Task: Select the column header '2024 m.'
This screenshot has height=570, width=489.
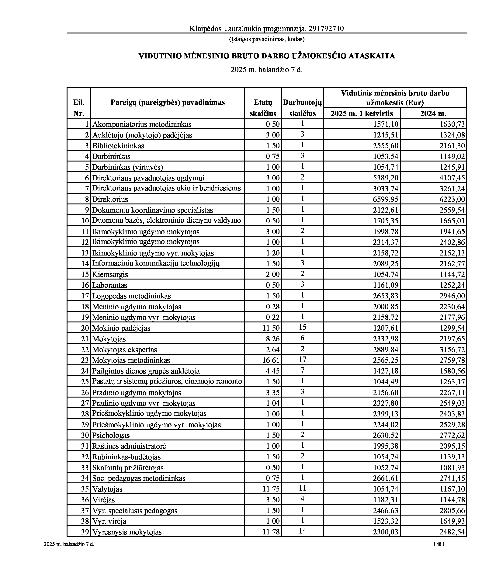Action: click(433, 113)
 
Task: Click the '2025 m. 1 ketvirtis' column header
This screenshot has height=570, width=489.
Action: click(362, 113)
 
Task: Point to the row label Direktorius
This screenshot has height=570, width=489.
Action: click(110, 199)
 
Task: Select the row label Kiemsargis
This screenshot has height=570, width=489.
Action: click(110, 274)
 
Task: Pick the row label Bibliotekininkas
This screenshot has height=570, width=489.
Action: click(118, 146)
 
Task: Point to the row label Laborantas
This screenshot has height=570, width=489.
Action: click(109, 285)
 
